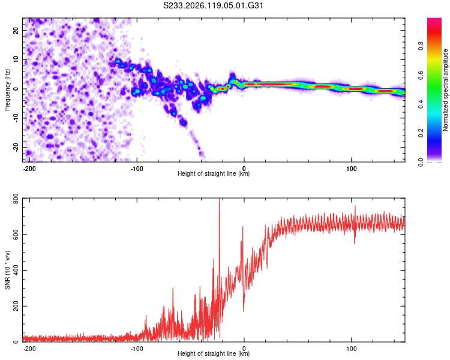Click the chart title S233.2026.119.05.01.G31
(213, 5)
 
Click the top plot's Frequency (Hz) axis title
(7, 90)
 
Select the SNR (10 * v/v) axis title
(7, 270)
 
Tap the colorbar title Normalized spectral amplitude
(445, 90)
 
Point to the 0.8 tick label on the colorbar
(421, 46)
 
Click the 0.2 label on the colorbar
(421, 133)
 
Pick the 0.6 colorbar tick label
(421, 75)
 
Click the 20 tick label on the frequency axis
(16, 31)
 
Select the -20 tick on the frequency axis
(16, 148)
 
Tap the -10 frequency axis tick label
(16, 118)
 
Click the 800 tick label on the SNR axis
(16, 199)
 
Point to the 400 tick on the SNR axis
(16, 270)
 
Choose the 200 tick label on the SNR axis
(16, 306)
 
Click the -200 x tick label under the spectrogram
(29, 169)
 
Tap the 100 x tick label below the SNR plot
(351, 349)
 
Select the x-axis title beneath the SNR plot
(214, 353)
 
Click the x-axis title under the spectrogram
(214, 173)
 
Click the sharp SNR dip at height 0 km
(244, 311)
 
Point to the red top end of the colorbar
(434, 20)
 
